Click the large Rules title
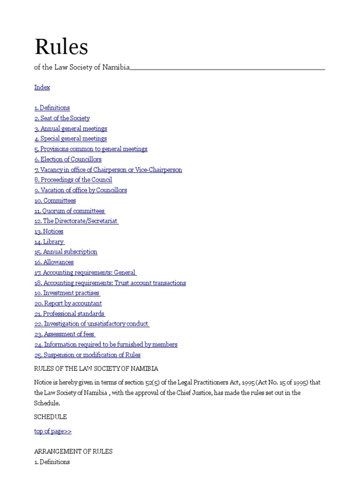pos(61,47)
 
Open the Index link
pos(42,87)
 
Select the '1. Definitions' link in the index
pos(52,108)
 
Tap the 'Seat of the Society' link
pos(62,118)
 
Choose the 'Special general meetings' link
pos(70,139)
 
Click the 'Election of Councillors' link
pos(68,159)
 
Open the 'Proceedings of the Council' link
pos(73,180)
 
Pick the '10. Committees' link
pos(55,201)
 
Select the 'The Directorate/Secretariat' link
pos(76,221)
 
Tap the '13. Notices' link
pos(49,231)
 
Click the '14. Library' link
pos(49,241)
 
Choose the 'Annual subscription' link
pos(66,252)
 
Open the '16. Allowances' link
pos(54,262)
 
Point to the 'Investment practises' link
pos(67,293)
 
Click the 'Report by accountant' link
pos(68,303)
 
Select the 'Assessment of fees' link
pos(64,334)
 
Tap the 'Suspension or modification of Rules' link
pos(87,355)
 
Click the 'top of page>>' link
pos(53,431)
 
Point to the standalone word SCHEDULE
pos(51,417)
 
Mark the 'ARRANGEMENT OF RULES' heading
pos(74,451)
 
